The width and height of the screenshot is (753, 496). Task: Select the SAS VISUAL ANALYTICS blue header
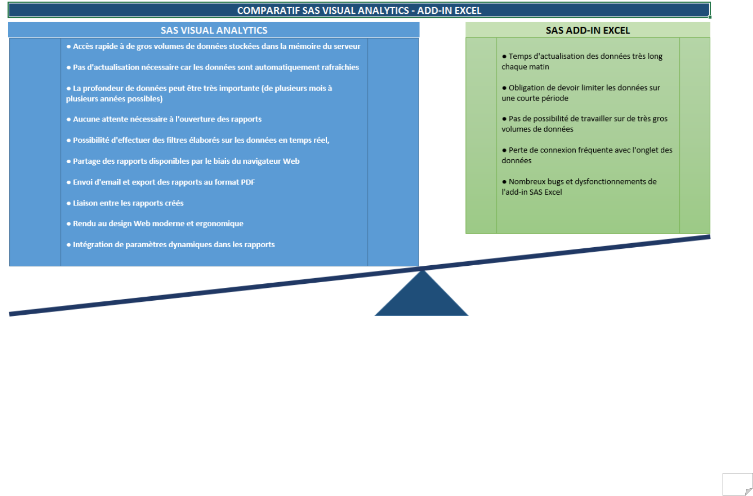(214, 30)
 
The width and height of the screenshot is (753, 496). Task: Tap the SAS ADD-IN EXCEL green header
(588, 30)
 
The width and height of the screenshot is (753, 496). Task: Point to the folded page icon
(738, 484)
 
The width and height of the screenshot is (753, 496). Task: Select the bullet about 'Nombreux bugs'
(579, 186)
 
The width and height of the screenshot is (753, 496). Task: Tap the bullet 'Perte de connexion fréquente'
(587, 155)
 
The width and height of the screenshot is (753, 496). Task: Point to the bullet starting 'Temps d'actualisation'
(582, 61)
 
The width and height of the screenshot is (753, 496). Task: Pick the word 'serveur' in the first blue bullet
(346, 46)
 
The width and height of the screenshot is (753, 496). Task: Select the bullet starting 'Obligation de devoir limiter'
(580, 93)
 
